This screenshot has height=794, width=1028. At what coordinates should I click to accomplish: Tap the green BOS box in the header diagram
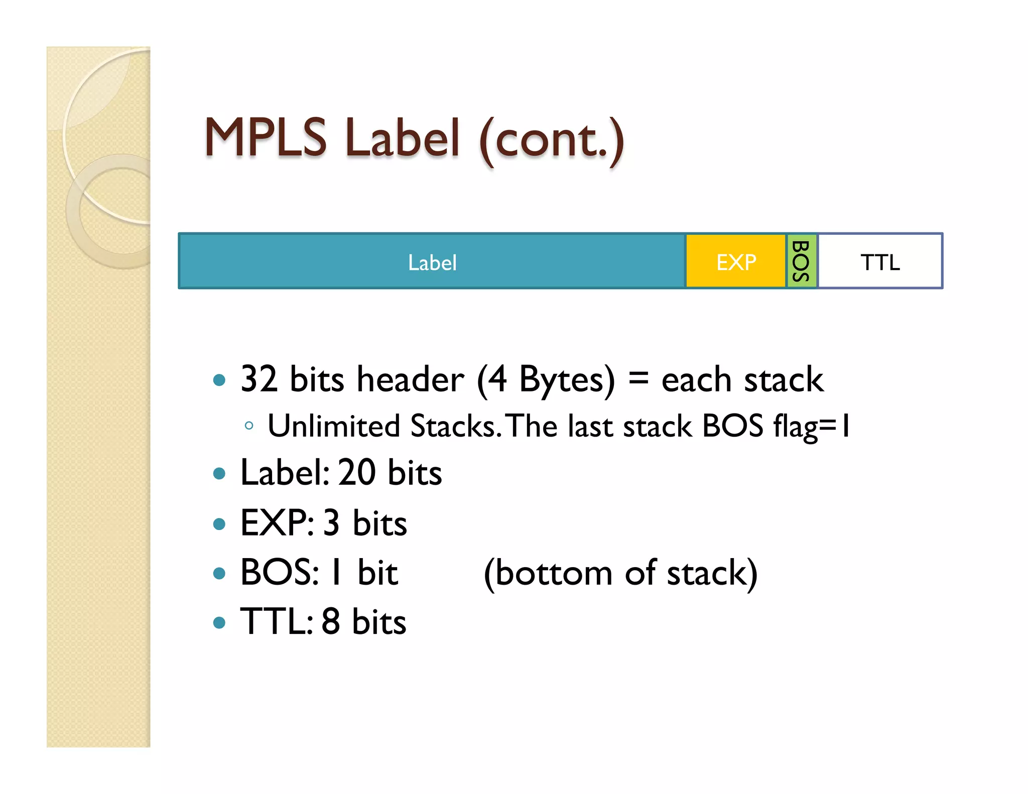click(x=801, y=261)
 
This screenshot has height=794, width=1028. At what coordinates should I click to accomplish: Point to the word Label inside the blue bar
click(x=432, y=262)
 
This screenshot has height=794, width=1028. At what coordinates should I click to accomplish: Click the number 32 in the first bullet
click(x=259, y=379)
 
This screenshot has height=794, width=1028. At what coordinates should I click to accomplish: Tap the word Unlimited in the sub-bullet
click(x=333, y=426)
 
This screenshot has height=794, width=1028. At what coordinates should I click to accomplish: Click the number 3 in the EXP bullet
click(x=331, y=523)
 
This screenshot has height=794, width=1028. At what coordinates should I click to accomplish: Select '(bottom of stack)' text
click(x=620, y=573)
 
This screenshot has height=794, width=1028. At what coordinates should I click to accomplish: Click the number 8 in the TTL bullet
click(x=331, y=621)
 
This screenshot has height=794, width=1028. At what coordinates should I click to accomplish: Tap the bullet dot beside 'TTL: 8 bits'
click(x=219, y=623)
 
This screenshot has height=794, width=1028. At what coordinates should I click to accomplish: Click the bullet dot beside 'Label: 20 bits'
click(x=219, y=473)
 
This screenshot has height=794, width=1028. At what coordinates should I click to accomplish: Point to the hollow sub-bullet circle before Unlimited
click(x=248, y=426)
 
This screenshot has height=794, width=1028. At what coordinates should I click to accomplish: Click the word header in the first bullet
click(x=410, y=379)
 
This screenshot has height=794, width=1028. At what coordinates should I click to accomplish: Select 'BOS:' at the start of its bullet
click(x=279, y=572)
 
